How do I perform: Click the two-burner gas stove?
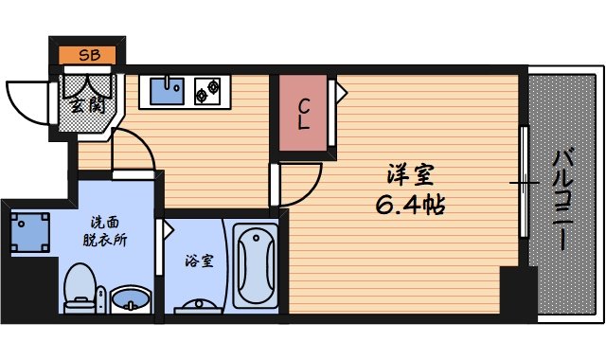(x=207, y=90)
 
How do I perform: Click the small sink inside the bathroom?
(x=200, y=305)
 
